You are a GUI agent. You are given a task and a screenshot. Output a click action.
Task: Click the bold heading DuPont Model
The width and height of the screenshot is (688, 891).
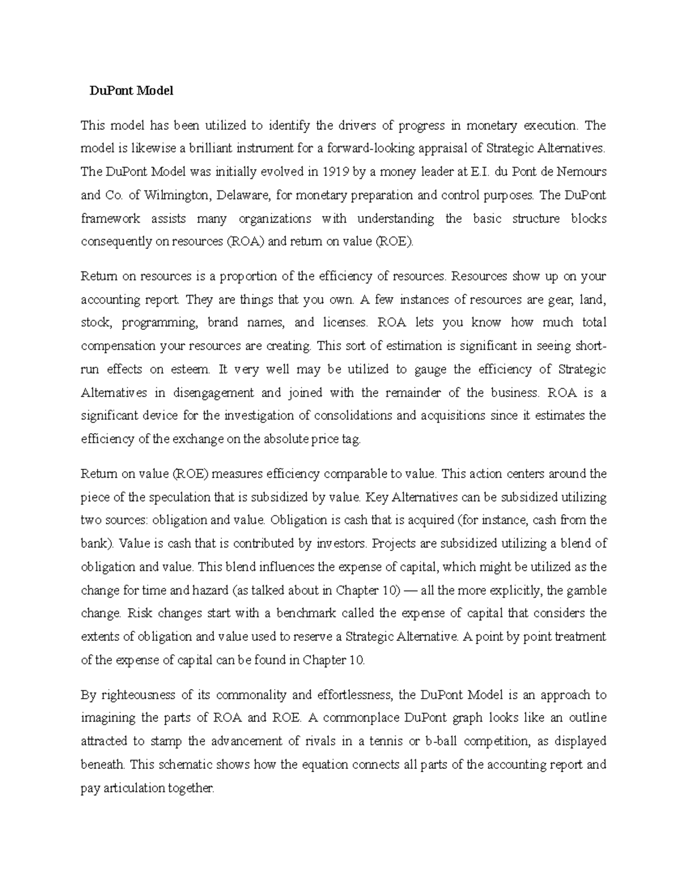131,91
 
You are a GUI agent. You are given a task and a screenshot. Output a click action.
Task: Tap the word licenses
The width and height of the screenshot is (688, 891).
345,322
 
